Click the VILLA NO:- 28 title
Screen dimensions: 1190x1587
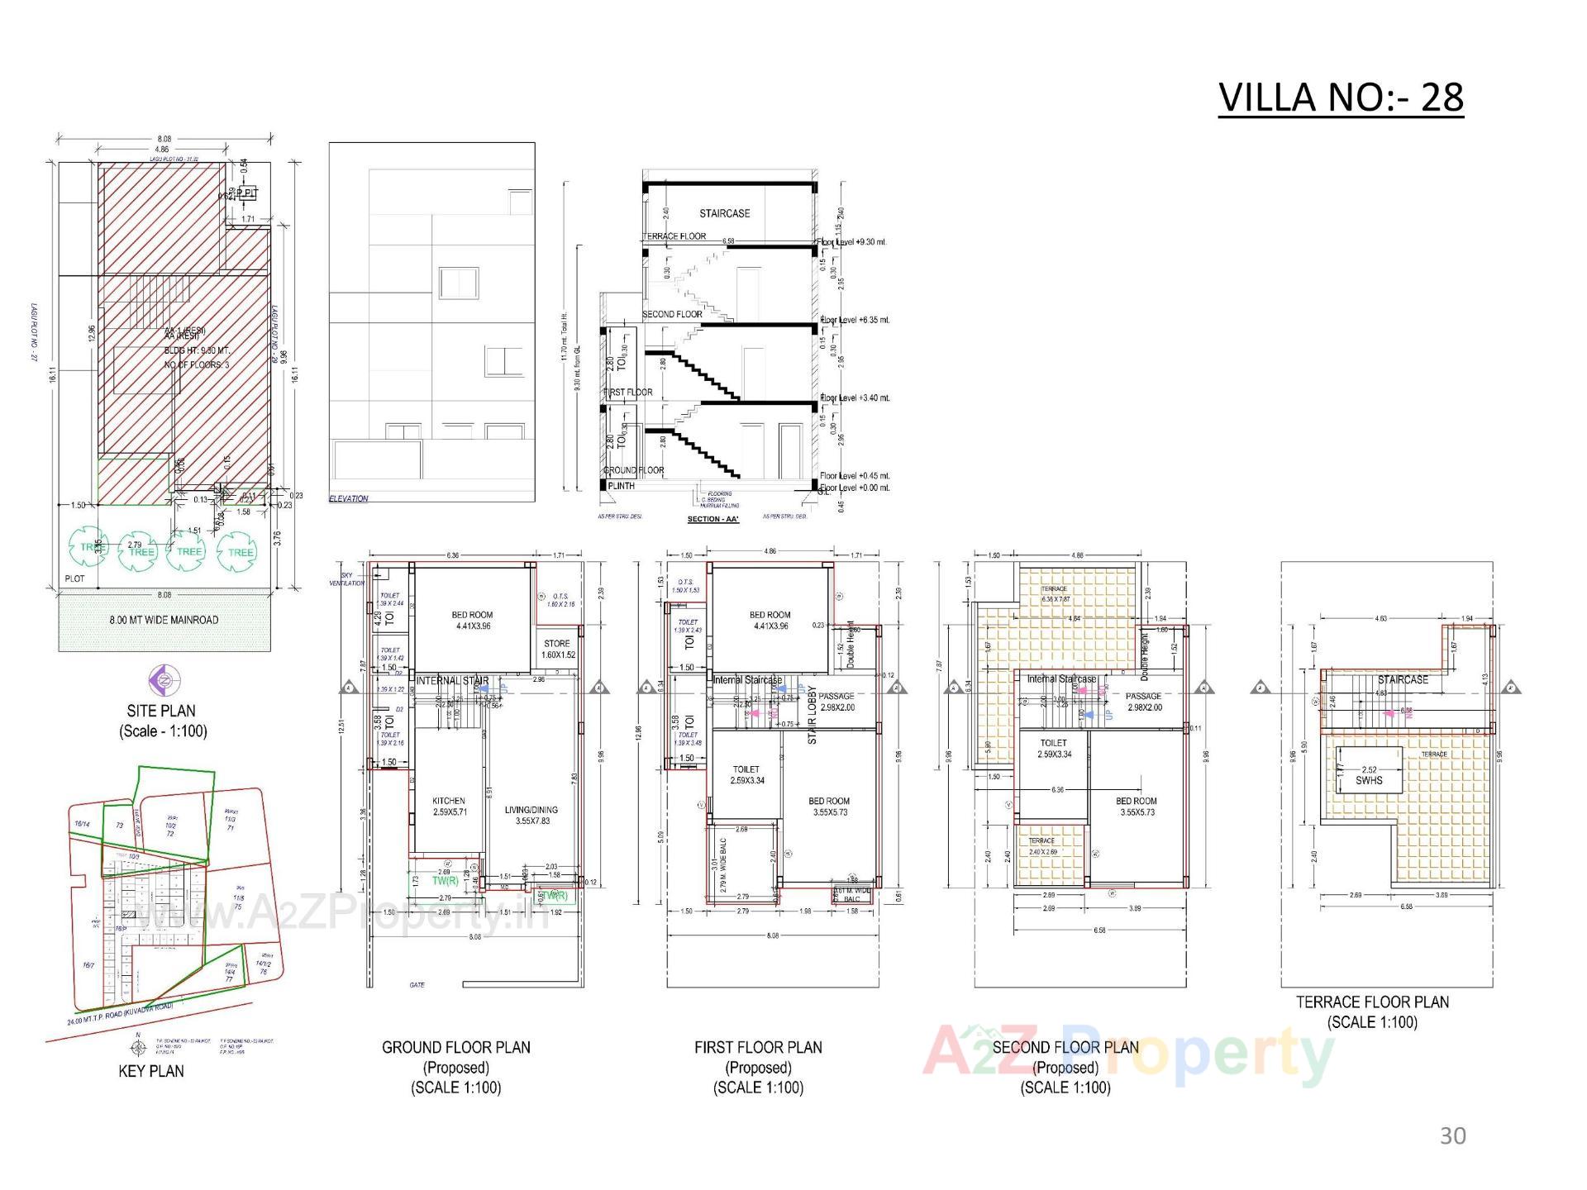tap(1340, 98)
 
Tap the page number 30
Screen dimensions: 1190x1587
tap(1452, 1136)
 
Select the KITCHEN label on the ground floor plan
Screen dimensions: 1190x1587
tap(449, 807)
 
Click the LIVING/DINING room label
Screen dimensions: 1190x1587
tap(531, 815)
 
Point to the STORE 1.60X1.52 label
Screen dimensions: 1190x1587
tap(558, 649)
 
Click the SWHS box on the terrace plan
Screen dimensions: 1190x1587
tap(1369, 775)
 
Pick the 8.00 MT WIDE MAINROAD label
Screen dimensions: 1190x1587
tap(164, 620)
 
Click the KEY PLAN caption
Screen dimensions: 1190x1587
tap(151, 1071)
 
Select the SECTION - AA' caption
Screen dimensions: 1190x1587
tap(712, 520)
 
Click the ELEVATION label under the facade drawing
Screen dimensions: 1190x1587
tap(349, 498)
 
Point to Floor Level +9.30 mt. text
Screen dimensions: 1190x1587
tap(854, 242)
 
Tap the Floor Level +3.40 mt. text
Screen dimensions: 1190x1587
tap(855, 398)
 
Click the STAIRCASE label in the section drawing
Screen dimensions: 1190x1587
tap(724, 213)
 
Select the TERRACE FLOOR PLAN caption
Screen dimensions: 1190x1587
tap(1372, 1002)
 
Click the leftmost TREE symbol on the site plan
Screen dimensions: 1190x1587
tap(88, 549)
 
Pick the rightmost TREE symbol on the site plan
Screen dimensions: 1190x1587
tap(240, 552)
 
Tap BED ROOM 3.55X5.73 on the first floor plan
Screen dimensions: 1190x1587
tap(828, 807)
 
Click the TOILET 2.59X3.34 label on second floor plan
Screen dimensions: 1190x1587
tap(1053, 748)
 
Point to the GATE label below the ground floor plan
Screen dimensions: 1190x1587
tap(417, 985)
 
